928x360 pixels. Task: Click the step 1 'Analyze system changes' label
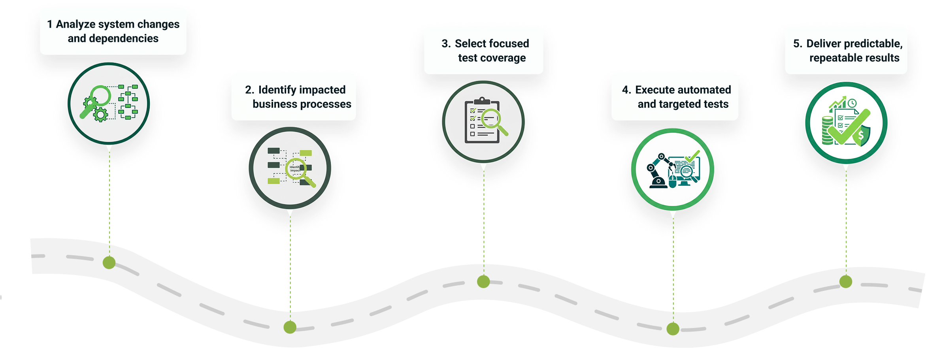coord(113,31)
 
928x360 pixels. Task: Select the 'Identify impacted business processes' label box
coord(294,97)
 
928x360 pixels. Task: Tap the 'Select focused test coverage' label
coord(484,51)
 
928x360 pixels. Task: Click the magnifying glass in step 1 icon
coord(99,97)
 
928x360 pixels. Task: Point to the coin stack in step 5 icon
coord(827,130)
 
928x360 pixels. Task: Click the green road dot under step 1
coord(109,262)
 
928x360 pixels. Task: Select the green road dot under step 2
coord(290,327)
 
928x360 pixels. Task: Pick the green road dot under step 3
coord(483,282)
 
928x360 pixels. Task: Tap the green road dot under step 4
coord(673,329)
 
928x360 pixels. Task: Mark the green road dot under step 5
coord(846,282)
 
